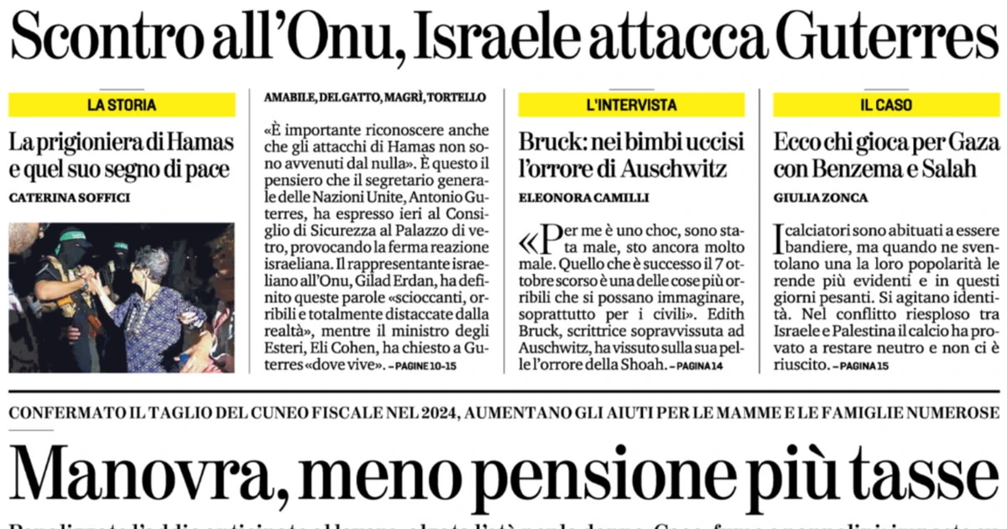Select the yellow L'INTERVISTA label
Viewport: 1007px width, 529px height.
pos(631,105)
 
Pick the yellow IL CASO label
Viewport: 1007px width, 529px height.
pos(885,105)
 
